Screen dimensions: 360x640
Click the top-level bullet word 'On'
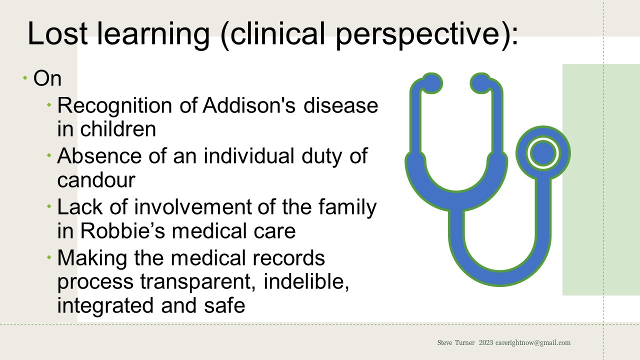coord(47,79)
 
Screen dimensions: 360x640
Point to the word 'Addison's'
coord(244,105)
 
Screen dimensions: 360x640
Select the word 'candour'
coord(96,180)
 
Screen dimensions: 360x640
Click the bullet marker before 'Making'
coord(49,257)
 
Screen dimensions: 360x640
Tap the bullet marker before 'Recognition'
coord(49,105)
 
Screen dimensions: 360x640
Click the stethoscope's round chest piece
coord(542,153)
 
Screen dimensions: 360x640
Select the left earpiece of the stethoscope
coord(431,83)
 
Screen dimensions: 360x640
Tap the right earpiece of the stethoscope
coord(480,83)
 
